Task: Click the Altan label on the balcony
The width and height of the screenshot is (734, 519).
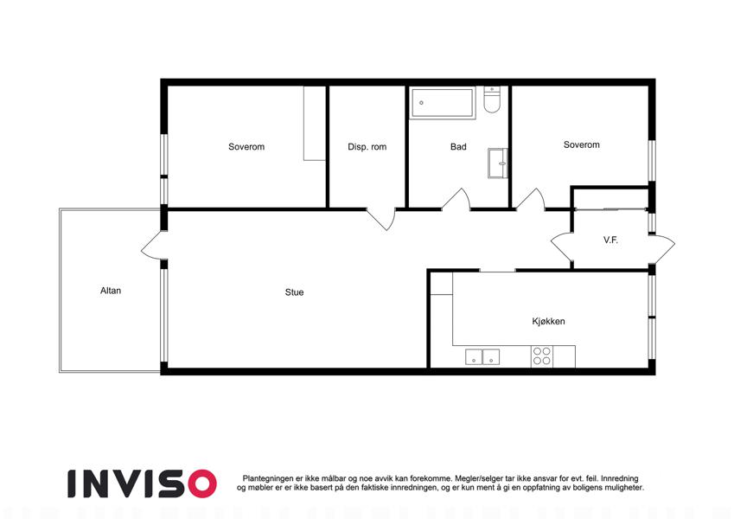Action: tap(111, 291)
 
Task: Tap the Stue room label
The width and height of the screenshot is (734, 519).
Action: tap(295, 292)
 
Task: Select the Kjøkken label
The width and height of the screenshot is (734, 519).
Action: tap(548, 321)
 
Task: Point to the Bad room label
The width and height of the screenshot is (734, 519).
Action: tap(458, 146)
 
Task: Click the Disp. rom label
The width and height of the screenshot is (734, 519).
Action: tap(367, 147)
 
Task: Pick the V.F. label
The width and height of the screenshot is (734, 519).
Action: tap(610, 240)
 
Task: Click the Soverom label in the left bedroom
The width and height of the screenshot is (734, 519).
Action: tap(246, 146)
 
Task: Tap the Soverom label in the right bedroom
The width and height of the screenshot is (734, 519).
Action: tap(581, 144)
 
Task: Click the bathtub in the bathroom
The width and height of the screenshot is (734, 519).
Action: tap(443, 103)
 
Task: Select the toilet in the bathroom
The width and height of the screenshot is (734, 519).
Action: tap(492, 99)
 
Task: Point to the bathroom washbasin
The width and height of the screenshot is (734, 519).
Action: tap(498, 163)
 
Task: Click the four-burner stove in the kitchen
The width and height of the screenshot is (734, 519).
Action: tap(541, 356)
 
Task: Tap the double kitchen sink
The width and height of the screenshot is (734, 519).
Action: tap(482, 357)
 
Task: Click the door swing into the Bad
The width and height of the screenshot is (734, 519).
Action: tap(456, 199)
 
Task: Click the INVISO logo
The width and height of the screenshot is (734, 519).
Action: tap(143, 484)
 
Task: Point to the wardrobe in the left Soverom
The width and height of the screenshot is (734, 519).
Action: tap(315, 123)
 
